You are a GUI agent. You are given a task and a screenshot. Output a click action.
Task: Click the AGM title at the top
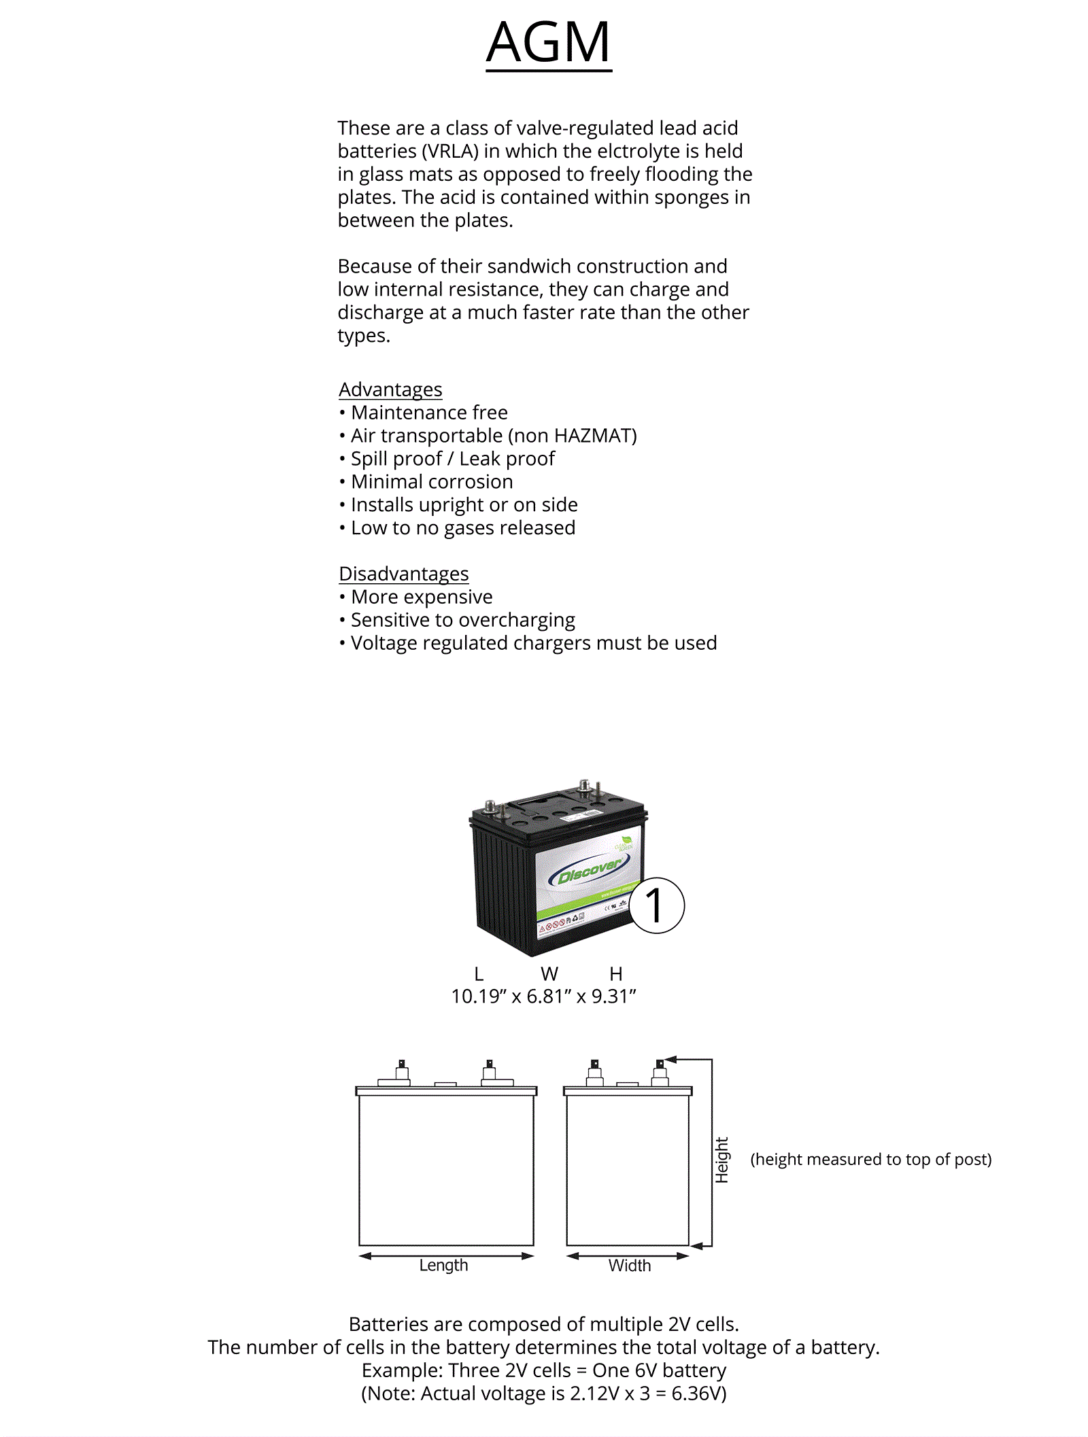(x=548, y=42)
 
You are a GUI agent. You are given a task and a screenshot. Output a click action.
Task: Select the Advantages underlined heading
(x=390, y=389)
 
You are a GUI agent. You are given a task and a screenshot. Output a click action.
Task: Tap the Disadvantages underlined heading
(x=403, y=574)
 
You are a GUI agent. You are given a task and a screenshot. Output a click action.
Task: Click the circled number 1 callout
(x=656, y=905)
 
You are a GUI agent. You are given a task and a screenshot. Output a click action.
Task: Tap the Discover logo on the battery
(x=589, y=871)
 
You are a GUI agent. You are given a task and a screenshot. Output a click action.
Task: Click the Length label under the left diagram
(x=443, y=1265)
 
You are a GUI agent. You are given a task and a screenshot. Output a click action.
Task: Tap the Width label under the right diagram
(x=630, y=1265)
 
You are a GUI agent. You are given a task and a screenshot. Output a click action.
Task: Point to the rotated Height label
(x=721, y=1160)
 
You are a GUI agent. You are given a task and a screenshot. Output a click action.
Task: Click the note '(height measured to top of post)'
(x=870, y=1159)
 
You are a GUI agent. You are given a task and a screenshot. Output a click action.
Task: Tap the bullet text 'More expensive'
(x=422, y=597)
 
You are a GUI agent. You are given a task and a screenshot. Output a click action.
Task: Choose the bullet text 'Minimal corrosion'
(x=432, y=482)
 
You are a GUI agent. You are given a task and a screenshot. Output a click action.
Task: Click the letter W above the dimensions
(x=549, y=974)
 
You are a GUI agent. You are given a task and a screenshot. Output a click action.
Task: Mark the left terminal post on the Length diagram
(x=402, y=1071)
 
